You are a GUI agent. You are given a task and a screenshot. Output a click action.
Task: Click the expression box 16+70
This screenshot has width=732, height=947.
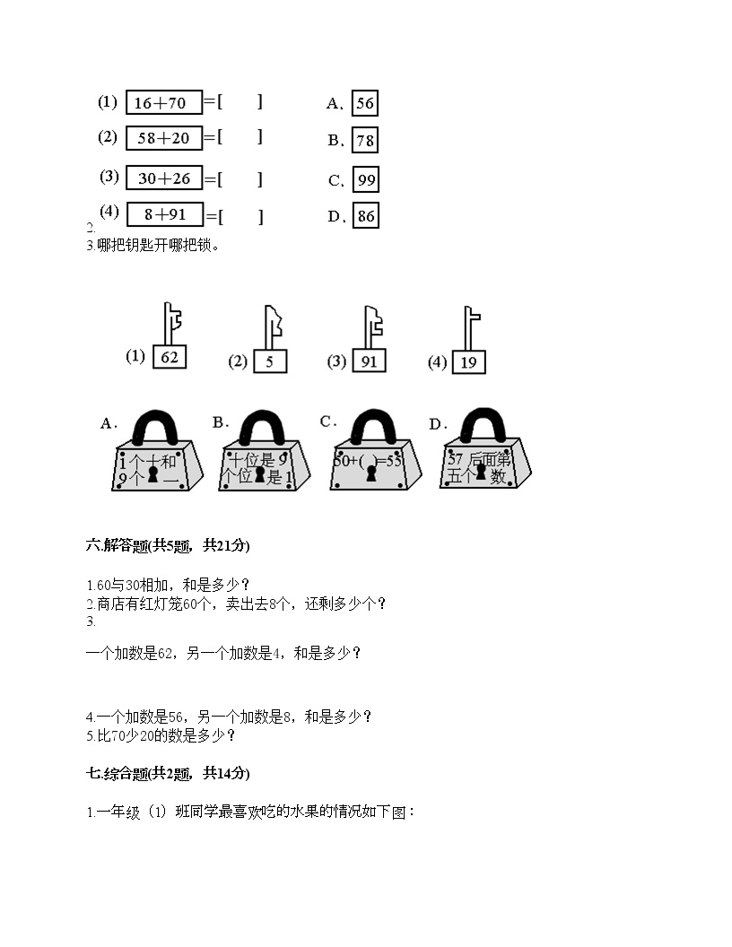[x=163, y=103]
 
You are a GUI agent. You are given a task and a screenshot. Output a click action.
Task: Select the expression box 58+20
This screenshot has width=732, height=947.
[x=163, y=138]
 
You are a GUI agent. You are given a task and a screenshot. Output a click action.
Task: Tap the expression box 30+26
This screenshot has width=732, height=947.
[x=163, y=178]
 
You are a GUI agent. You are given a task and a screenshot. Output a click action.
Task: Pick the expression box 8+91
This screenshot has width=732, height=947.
[x=163, y=215]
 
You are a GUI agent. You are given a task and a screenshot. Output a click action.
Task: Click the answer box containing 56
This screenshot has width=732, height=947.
[x=364, y=103]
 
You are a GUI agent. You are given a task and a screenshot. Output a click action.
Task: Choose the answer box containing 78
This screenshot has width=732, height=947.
[x=364, y=141]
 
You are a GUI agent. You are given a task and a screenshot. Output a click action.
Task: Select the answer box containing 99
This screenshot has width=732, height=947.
[x=366, y=180]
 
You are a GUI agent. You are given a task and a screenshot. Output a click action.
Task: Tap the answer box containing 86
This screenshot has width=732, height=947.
[x=365, y=216]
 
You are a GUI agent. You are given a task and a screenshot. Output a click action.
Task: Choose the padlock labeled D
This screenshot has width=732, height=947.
[x=485, y=453]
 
